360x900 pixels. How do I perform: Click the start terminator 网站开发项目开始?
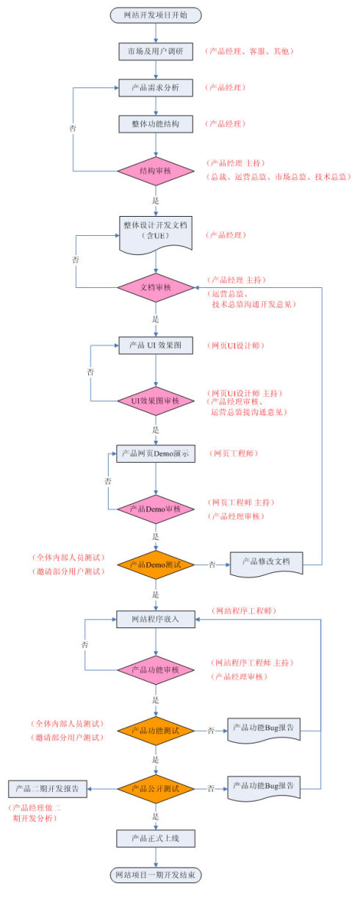(x=155, y=15)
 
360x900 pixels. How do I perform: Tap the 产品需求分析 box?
(x=155, y=88)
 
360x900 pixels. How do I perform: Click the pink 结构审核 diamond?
(x=155, y=170)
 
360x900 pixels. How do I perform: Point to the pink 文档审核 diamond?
(x=155, y=287)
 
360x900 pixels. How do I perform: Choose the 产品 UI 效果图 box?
(x=155, y=345)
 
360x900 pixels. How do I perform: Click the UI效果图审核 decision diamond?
(x=155, y=401)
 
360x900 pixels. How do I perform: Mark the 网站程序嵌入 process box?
(x=155, y=620)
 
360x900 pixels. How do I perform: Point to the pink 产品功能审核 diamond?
(x=155, y=669)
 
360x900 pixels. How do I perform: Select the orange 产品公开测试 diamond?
(x=155, y=788)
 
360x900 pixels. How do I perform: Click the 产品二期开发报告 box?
(x=48, y=788)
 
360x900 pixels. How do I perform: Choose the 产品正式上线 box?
(x=155, y=838)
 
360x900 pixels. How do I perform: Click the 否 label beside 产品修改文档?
(x=212, y=565)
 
